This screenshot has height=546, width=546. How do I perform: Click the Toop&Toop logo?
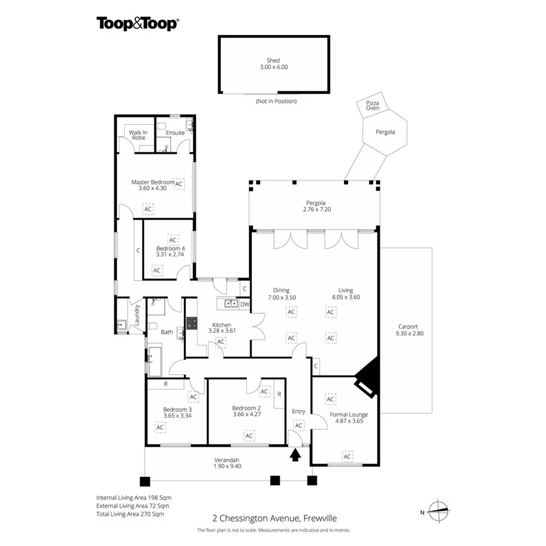pos(138,24)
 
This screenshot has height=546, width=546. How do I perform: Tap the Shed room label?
pos(274,60)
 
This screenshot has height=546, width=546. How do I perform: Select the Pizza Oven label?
pos(373,105)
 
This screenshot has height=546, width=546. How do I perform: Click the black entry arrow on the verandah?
pos(295,455)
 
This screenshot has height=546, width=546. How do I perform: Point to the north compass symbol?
pos(438,511)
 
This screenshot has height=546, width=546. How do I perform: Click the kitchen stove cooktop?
pos(192,323)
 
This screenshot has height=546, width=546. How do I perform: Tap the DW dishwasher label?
pos(245,304)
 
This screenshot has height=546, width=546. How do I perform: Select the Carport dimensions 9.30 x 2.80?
pos(409,333)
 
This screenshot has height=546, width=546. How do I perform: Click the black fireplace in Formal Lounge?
pos(367,377)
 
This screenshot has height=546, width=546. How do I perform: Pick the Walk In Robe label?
pos(138,135)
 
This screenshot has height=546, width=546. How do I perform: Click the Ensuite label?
pos(175,132)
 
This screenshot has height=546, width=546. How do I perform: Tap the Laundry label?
pos(137,315)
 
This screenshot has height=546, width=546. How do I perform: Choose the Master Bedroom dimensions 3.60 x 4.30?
pos(152,188)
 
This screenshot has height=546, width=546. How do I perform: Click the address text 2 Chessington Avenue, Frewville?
pos(274,518)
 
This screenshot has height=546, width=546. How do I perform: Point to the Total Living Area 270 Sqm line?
pos(130,514)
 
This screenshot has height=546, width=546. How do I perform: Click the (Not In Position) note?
pos(276,101)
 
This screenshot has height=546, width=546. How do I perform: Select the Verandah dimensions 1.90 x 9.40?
pos(227,466)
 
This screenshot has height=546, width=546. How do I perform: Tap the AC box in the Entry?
pos(299,425)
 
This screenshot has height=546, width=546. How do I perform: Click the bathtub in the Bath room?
pos(155,361)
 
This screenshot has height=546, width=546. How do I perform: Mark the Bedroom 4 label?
pos(170,248)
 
